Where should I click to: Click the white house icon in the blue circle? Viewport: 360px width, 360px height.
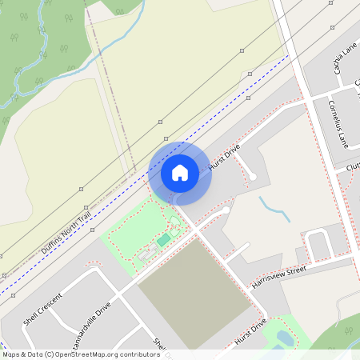[180, 172]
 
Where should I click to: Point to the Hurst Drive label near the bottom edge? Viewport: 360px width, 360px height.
[250, 334]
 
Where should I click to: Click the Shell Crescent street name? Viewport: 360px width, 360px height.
[42, 308]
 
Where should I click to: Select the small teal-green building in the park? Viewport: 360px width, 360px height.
[163, 240]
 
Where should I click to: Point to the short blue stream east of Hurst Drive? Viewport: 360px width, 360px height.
[274, 210]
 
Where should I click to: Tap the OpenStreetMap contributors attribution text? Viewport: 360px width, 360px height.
[80, 354]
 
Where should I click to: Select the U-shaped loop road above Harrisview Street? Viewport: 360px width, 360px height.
[319, 242]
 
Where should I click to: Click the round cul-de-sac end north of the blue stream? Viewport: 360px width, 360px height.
[253, 175]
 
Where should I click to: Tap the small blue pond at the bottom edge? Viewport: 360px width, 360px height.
[283, 338]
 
